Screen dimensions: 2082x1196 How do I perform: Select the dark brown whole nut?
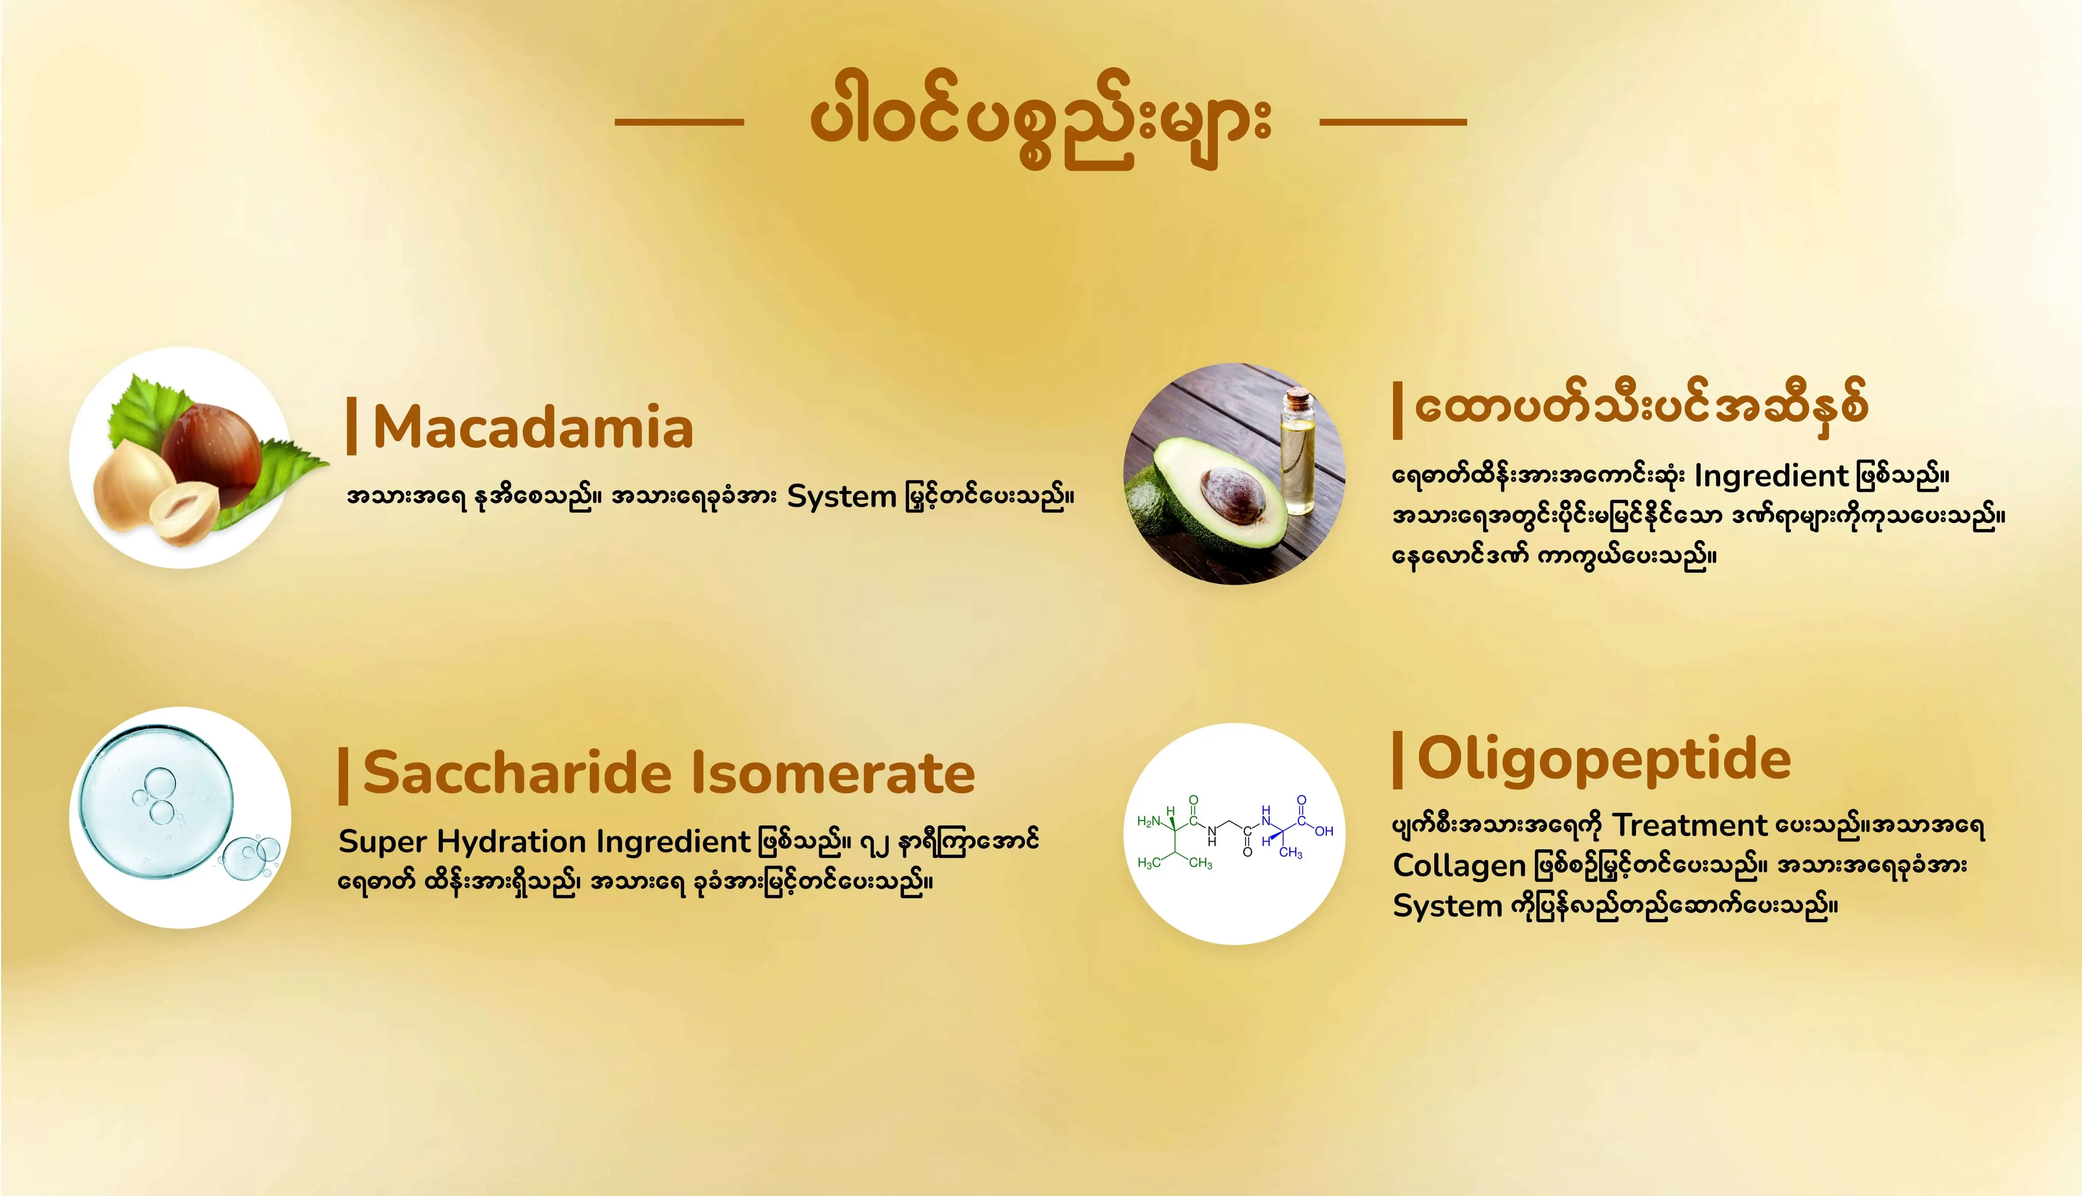click(x=211, y=448)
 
